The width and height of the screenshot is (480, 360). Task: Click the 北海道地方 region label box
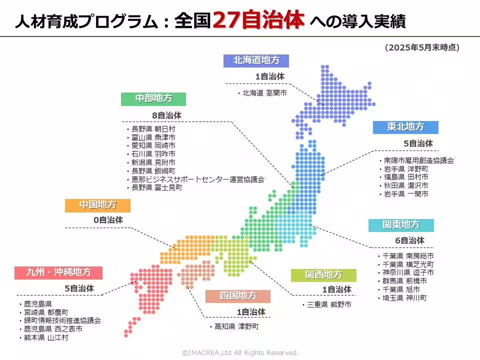click(256, 60)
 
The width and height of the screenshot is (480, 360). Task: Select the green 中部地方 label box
click(153, 98)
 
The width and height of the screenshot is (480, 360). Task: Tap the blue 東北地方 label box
click(405, 127)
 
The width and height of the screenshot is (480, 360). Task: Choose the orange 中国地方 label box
click(97, 205)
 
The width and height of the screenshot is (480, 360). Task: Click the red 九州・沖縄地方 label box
click(58, 272)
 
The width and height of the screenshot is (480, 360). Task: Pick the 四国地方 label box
click(237, 295)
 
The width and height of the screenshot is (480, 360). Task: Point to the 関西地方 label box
click(323, 275)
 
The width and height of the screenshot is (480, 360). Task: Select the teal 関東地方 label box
click(401, 224)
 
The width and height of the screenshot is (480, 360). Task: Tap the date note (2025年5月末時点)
click(422, 47)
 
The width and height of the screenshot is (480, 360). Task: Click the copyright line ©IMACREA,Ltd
click(240, 352)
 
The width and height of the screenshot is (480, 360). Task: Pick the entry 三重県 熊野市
click(328, 304)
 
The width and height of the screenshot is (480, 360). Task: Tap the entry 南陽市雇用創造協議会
click(418, 160)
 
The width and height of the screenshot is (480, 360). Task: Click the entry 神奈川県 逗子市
click(407, 272)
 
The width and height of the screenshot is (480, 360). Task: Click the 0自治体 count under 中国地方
click(108, 219)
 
